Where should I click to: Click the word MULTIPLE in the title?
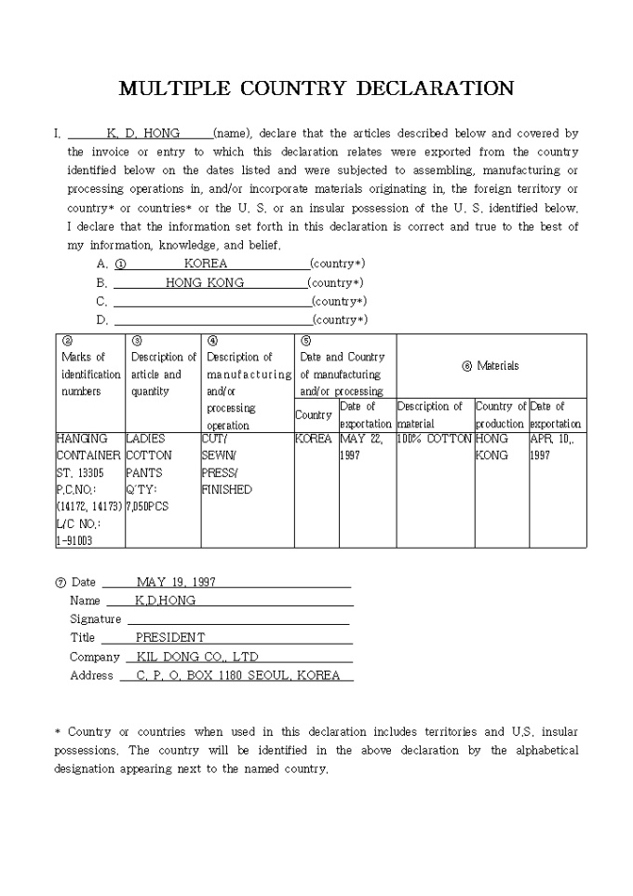176,88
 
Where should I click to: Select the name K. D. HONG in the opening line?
143,133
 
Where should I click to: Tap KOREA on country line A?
206,264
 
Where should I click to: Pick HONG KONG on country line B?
205,282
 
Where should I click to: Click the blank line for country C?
211,302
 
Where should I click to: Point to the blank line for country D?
211,320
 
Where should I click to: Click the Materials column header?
492,366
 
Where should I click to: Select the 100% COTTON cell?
435,439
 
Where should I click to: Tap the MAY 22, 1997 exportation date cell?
362,447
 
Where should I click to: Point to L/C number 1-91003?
74,540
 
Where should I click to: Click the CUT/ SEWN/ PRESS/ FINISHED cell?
227,464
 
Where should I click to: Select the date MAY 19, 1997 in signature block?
176,582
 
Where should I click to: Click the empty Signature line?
237,619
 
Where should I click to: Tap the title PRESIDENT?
170,638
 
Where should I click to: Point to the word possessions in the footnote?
87,750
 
